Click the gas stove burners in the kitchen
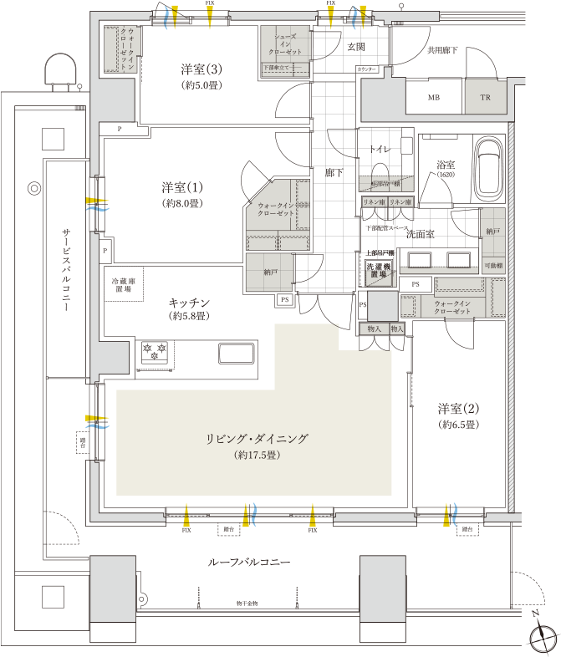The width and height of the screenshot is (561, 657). (x=156, y=353)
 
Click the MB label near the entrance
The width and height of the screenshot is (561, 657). (x=434, y=98)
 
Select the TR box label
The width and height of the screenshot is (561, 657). (x=486, y=98)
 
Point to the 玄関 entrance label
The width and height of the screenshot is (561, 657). (x=358, y=48)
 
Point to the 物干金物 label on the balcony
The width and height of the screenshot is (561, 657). (x=248, y=603)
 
